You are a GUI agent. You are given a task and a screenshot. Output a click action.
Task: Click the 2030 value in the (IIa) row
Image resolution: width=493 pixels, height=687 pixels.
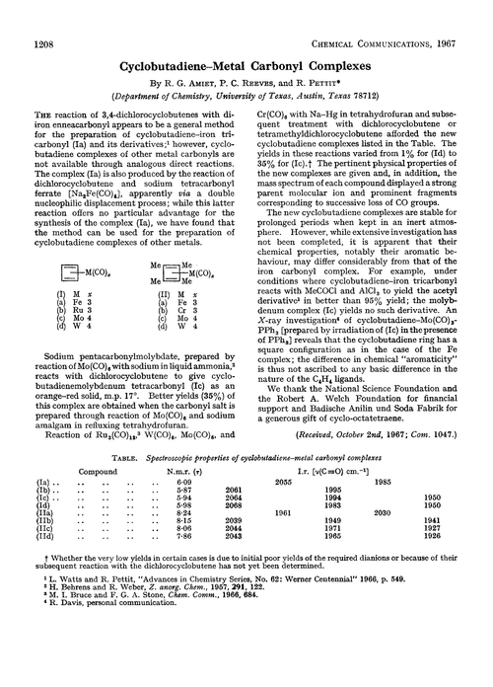click(408, 568)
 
